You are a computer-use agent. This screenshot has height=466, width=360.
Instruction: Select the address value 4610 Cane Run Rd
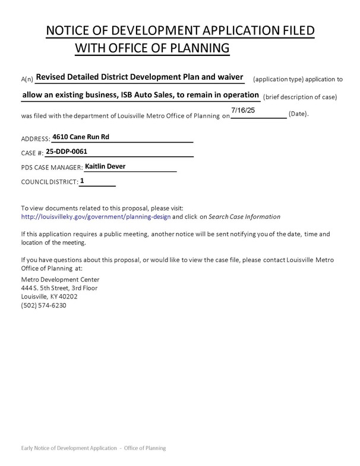(81, 137)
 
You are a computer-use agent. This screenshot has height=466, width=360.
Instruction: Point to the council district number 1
(82, 181)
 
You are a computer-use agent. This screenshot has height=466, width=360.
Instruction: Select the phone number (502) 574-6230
(43, 306)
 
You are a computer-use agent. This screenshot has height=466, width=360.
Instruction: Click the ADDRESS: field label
(35, 139)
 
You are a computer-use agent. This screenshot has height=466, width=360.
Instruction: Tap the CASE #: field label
(32, 154)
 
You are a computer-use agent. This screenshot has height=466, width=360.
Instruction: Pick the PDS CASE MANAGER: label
(52, 169)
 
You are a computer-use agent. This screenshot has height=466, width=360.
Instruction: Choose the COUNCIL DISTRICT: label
(49, 183)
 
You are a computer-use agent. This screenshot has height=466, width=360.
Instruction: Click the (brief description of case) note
(300, 97)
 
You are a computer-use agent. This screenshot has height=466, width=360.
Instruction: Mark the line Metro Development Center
(60, 279)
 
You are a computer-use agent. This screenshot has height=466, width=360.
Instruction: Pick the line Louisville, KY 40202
(49, 297)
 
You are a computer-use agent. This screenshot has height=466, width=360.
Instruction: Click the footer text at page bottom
(93, 448)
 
